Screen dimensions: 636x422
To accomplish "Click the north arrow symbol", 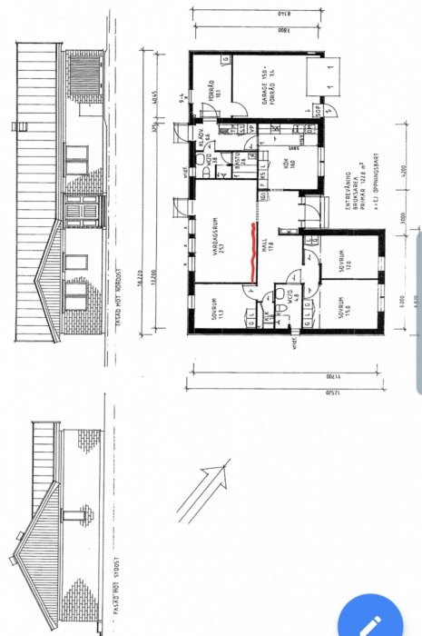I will point(203,491).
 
